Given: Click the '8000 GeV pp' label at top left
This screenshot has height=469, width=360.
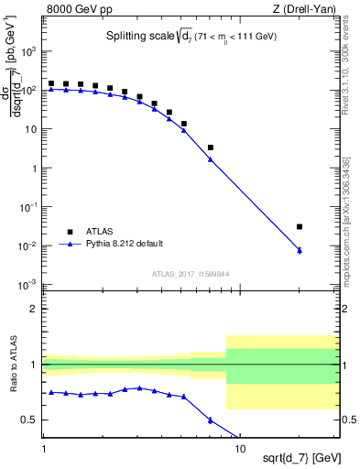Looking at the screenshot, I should tap(78, 8).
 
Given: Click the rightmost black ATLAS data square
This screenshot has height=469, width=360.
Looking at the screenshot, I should tap(300, 226).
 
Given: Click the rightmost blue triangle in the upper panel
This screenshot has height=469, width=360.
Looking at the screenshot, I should tap(300, 250).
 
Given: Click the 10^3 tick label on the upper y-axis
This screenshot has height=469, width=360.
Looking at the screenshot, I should tap(29, 51).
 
